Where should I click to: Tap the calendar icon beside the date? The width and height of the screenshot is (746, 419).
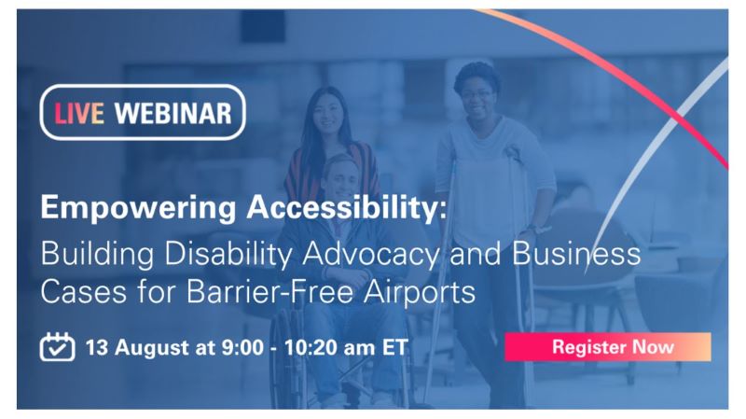click(x=57, y=346)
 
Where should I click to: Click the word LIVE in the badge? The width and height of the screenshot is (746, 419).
click(x=78, y=114)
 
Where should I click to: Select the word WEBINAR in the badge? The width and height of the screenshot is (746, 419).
click(x=173, y=114)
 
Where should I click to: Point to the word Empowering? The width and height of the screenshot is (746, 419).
click(x=138, y=207)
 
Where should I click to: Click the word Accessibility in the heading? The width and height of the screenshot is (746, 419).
click(x=347, y=206)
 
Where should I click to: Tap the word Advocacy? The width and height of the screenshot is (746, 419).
click(x=371, y=254)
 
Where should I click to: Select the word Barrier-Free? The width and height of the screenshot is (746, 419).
click(x=269, y=291)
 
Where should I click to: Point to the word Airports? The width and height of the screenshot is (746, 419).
click(x=420, y=292)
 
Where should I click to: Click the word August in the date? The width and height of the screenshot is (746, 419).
click(x=151, y=347)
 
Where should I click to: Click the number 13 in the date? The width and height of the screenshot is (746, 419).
click(x=97, y=347)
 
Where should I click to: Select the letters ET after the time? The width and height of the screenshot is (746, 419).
click(x=394, y=347)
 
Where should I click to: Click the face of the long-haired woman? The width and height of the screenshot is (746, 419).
click(x=328, y=113)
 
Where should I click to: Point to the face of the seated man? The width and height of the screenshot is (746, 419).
click(x=341, y=177)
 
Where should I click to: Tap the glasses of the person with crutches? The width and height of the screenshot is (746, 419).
click(x=477, y=95)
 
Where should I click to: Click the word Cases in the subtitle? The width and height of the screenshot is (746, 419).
click(x=84, y=291)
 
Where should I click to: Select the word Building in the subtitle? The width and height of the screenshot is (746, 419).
click(x=97, y=254)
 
